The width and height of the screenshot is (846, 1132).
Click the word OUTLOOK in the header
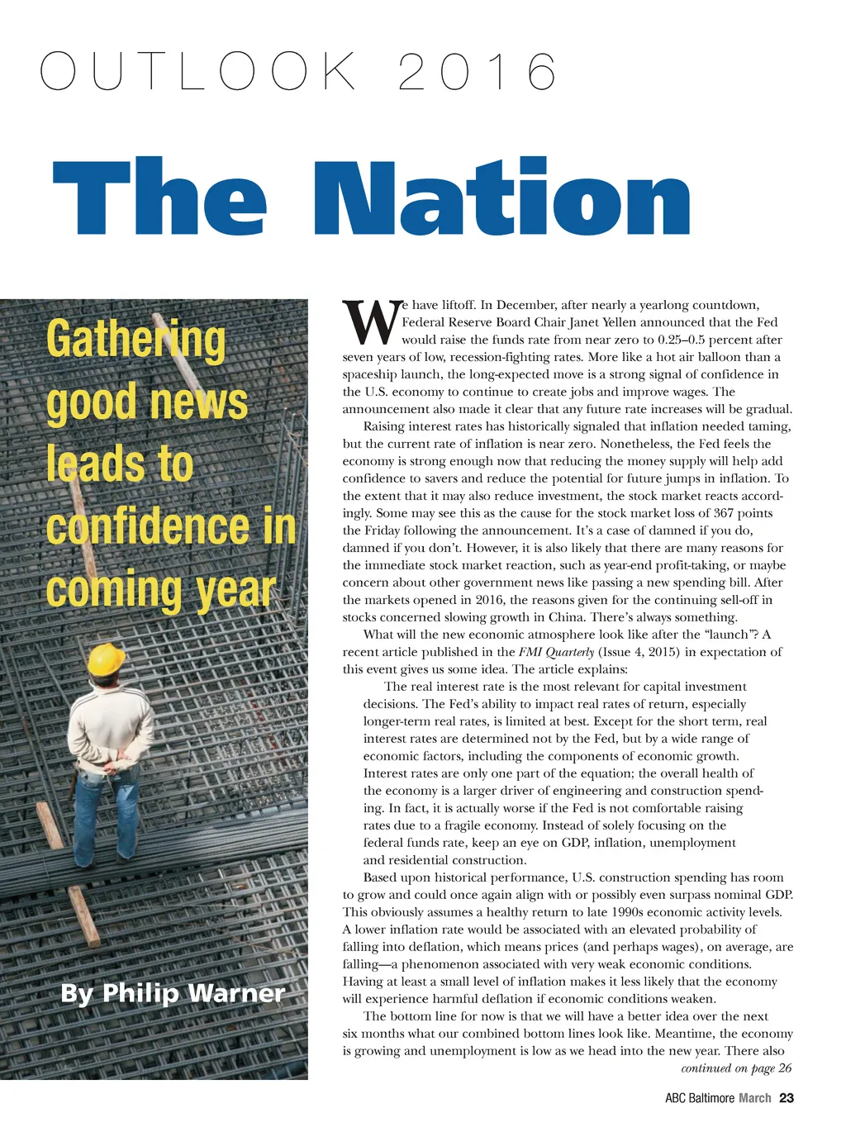coord(198,72)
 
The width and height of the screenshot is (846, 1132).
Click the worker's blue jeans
coord(106,818)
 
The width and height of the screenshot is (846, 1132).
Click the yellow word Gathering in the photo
coord(136,340)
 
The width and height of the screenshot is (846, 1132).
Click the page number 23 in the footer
coord(787,1098)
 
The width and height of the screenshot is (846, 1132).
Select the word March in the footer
coord(754,1098)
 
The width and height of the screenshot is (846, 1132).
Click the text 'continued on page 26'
coord(735,1068)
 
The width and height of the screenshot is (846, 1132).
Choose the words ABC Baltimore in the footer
coord(700,1098)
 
